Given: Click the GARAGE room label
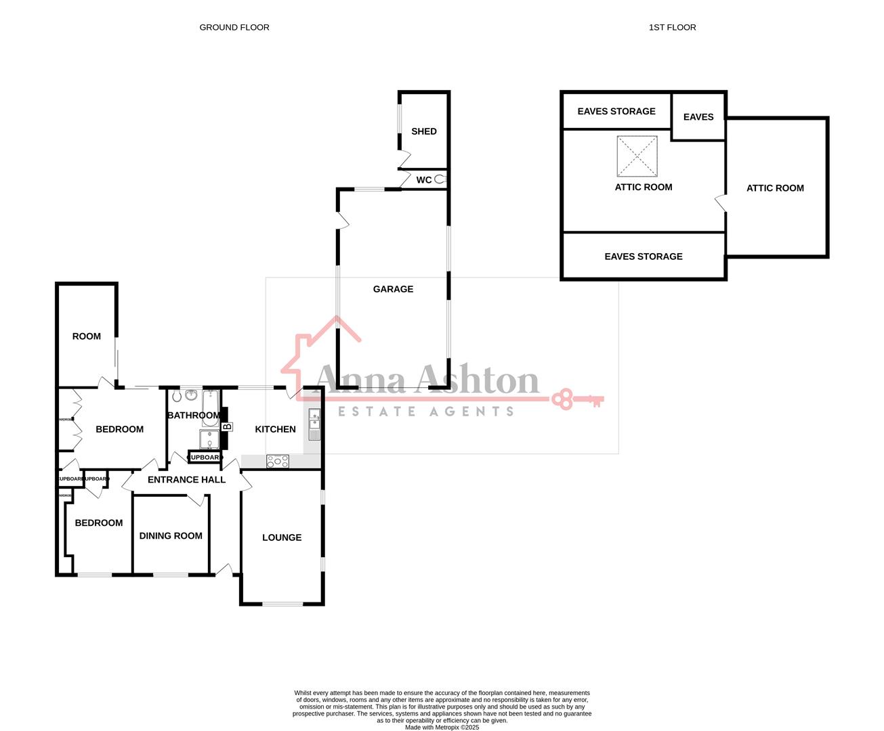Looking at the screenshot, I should click(393, 289).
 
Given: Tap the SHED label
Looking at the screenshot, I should click(424, 131).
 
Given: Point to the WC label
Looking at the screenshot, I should click(424, 180).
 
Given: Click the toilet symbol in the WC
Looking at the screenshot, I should click(441, 179).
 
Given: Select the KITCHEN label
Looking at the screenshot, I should click(275, 429).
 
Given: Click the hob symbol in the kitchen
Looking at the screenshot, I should click(278, 462).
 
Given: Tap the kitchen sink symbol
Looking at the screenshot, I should click(314, 425).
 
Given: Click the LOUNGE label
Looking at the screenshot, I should click(282, 537).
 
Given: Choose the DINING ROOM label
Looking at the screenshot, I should click(171, 535).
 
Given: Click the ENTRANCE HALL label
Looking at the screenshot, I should click(186, 479).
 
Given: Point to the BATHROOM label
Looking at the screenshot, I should click(194, 415).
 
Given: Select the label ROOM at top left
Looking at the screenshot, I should click(87, 336).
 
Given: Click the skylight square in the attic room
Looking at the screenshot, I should click(637, 156).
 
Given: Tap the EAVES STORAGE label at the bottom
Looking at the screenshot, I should click(644, 257).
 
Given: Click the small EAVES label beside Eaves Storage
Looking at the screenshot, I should click(698, 117).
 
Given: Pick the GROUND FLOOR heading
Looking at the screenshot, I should click(234, 27).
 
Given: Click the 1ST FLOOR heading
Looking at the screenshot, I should click(672, 27).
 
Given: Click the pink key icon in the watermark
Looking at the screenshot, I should click(576, 399).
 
